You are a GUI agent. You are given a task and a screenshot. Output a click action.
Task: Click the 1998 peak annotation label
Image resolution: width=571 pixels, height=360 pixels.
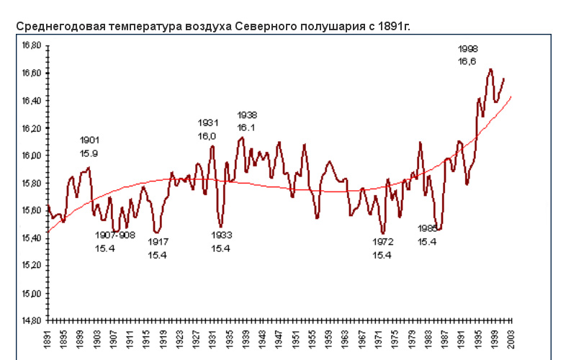point(468,49)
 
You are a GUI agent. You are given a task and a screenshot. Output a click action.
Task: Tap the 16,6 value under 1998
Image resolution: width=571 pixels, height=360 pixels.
point(468,62)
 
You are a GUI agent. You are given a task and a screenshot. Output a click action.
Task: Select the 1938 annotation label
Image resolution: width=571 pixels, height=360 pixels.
point(248,115)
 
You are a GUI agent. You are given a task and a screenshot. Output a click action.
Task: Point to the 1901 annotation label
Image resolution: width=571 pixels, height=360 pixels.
point(90,140)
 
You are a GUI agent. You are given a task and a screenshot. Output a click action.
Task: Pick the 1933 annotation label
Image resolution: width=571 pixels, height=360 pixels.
point(222,235)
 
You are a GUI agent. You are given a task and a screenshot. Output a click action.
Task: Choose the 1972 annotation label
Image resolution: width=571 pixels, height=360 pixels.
point(383,242)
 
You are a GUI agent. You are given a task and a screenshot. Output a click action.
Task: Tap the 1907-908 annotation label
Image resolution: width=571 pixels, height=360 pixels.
point(115,235)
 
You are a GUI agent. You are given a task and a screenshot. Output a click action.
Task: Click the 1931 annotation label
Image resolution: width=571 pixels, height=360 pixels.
point(208,122)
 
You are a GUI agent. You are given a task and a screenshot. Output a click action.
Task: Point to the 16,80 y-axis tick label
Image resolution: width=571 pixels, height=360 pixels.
point(31,45)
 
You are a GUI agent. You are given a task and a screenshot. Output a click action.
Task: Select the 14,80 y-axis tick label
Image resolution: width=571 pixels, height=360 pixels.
point(31,320)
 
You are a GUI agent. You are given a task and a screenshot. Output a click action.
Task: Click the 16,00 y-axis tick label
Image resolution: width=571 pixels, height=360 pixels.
point(31,156)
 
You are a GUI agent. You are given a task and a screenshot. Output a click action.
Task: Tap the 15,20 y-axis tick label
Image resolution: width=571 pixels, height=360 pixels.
point(31,266)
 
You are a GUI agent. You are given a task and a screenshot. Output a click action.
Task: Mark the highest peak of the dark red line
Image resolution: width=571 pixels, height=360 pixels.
point(490,70)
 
